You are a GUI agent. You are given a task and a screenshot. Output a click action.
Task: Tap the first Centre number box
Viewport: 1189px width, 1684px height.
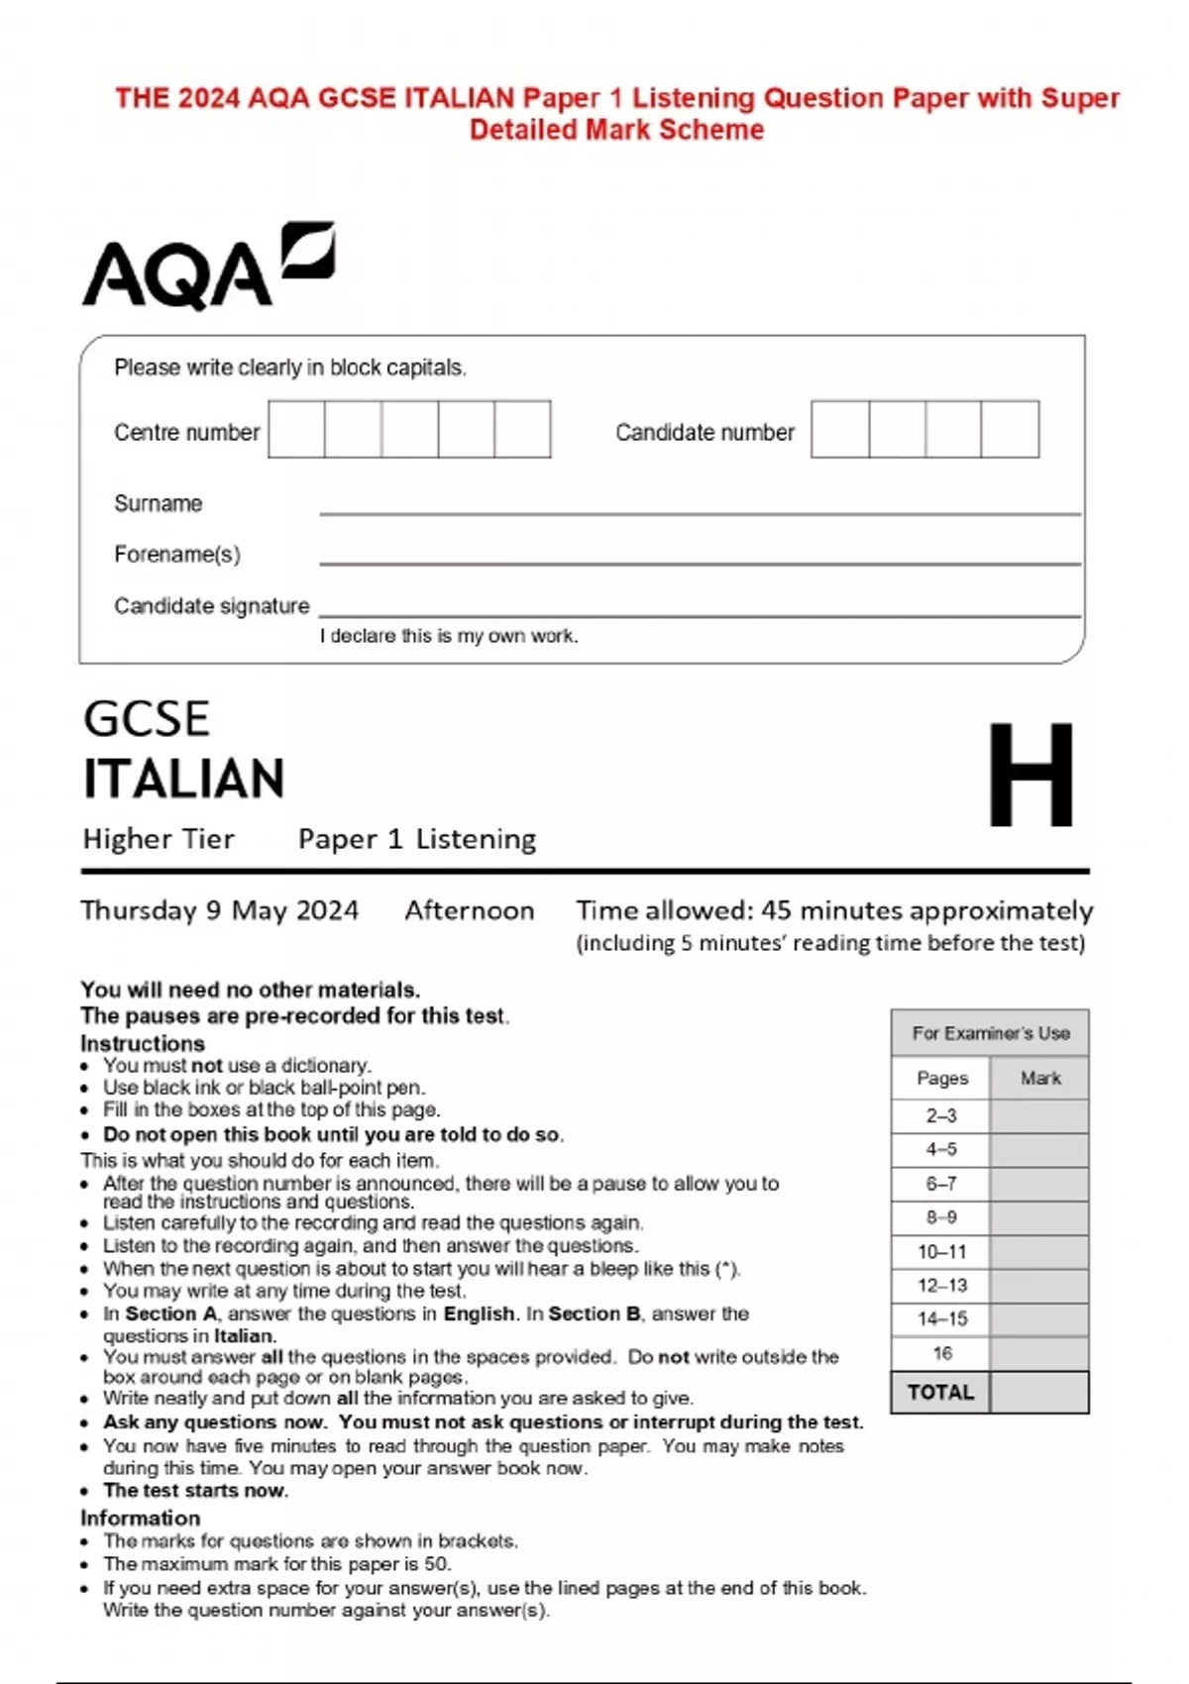click(296, 429)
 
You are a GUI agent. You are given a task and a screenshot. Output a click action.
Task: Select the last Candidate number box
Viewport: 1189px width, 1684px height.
click(1010, 429)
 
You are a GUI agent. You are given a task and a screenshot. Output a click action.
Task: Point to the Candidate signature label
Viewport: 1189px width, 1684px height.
click(211, 605)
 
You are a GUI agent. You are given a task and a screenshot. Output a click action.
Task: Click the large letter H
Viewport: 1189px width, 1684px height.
click(1030, 775)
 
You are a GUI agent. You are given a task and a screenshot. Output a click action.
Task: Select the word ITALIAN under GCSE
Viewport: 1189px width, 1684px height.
click(184, 779)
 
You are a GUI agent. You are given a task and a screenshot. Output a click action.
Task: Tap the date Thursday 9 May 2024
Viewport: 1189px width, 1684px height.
click(219, 910)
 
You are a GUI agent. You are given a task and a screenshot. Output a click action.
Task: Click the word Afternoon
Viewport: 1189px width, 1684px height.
click(469, 910)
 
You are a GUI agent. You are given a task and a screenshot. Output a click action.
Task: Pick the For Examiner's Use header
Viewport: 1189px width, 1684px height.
click(990, 1033)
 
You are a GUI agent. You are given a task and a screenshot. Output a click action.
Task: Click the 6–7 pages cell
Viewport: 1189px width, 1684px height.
click(940, 1184)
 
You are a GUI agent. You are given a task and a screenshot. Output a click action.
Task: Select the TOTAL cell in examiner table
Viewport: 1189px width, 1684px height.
click(940, 1392)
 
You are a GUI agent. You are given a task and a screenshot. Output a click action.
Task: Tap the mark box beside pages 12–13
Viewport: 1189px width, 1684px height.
click(1038, 1286)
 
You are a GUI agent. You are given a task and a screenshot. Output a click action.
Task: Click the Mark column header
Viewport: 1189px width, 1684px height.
click(1039, 1078)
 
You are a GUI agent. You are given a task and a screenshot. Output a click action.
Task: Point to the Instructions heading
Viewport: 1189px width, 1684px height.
click(143, 1043)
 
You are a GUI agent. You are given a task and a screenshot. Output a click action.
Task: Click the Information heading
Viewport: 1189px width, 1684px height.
click(140, 1518)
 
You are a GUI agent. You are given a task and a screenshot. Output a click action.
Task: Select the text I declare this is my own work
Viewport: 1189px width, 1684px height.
click(448, 636)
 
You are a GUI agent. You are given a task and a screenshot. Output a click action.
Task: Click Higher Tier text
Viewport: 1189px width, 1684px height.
click(159, 839)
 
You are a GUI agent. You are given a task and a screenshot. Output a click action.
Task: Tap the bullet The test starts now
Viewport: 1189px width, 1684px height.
click(195, 1490)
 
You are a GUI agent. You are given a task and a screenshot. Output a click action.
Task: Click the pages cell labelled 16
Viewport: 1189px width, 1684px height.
click(940, 1353)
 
